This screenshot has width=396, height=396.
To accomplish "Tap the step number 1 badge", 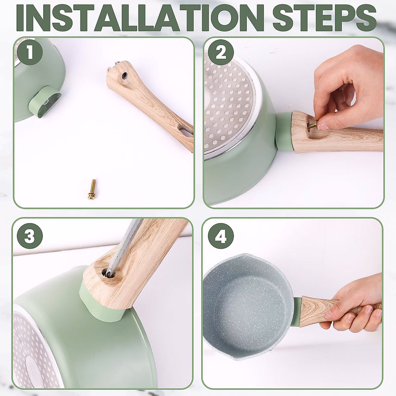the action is point(30,53).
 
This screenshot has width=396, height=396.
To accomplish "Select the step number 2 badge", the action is point(221,53).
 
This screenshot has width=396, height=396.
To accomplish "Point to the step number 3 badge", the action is point(30,236).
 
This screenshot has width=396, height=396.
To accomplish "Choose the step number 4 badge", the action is point(221,236).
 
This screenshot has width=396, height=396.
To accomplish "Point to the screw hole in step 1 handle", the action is point(124,75).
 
